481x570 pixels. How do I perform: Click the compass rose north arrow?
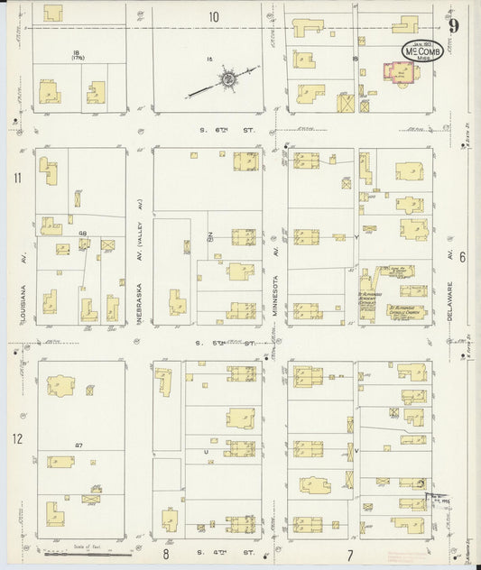click(x=227, y=81)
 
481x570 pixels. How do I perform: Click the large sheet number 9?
click(x=454, y=23)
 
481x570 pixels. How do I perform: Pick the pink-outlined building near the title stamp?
click(x=398, y=74)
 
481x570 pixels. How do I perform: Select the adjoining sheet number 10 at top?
click(x=214, y=16)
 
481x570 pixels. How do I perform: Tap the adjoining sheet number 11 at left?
click(x=17, y=178)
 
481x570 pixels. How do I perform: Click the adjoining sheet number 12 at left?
click(x=17, y=438)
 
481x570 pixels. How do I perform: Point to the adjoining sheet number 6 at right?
click(x=461, y=256)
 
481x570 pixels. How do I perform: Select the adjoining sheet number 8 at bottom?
click(x=166, y=552)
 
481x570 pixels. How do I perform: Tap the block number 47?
click(x=79, y=446)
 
